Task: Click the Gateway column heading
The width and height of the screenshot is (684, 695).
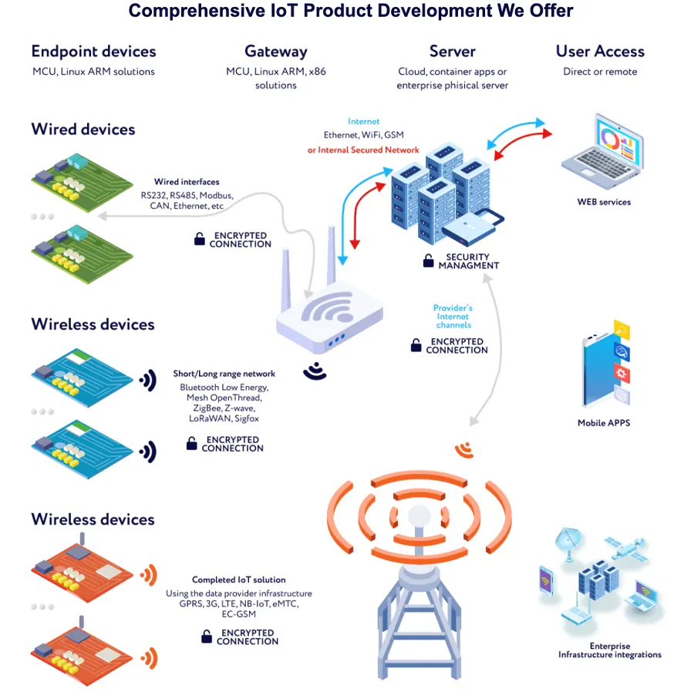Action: point(275,52)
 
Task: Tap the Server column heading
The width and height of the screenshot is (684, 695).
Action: point(452,52)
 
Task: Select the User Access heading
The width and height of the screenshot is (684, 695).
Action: point(600,52)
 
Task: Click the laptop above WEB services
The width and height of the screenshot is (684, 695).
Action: point(603,151)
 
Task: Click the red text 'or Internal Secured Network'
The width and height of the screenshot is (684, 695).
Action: point(363,149)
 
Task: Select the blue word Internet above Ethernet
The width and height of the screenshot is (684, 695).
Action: point(363,122)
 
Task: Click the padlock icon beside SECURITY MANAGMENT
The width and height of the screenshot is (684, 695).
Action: point(428,260)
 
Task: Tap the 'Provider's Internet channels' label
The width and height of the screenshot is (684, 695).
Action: point(453,316)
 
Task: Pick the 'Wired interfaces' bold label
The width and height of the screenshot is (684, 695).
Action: point(187,182)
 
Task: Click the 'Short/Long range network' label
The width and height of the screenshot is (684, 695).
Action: point(224,374)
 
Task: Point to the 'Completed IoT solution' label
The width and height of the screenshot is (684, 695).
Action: point(238,579)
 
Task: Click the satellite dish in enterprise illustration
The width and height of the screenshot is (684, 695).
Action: point(568,542)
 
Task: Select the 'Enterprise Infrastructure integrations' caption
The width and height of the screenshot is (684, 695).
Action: point(609,650)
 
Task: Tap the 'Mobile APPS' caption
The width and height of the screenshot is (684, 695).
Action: point(604,423)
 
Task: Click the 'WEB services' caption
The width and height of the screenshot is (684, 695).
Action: point(604,202)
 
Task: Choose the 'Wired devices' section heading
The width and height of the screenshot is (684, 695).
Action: point(83,129)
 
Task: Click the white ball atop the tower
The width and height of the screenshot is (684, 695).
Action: point(419,516)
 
